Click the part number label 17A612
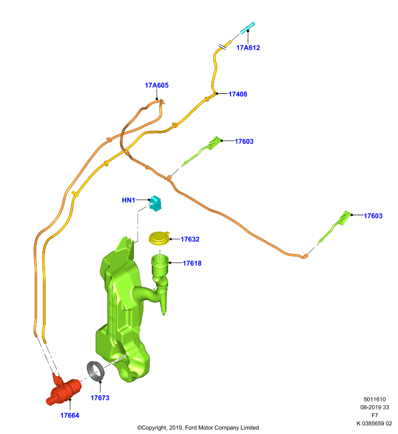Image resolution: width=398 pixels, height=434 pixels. coord(248,48)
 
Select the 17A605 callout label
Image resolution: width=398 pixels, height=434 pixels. coord(157,85)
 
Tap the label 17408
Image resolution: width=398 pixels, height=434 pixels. coord(238,94)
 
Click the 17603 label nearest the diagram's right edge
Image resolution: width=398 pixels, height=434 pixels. coord(373,216)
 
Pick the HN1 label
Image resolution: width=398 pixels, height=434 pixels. coord(129,200)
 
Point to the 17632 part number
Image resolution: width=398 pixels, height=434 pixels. coord(190,239)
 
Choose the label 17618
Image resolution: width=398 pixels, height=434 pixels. coord(192,263)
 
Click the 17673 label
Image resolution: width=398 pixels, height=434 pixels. coord(100,398)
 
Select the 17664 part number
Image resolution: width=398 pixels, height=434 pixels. coord(70,415)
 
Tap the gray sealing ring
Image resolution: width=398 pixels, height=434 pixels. coord(95,371)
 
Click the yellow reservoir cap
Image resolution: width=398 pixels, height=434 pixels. coord(159,238)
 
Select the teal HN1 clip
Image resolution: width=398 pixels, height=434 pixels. coord(156,203)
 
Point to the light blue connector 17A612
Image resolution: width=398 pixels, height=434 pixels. coord(247,28)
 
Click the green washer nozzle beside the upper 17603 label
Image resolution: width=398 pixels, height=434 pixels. coord(203,150)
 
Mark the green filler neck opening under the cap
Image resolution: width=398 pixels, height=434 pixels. coord(160,261)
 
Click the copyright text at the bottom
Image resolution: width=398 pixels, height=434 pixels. coord(198,427)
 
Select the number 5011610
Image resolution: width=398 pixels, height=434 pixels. coord(375,399)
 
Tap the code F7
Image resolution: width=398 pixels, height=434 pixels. coord(375,415)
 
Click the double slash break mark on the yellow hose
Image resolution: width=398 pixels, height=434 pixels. coord(222,46)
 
